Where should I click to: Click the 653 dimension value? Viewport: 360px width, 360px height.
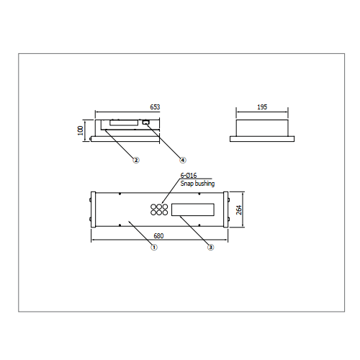click(x=155, y=107)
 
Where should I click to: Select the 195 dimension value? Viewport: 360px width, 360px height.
click(x=262, y=107)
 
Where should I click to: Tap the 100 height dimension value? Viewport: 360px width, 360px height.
click(x=81, y=130)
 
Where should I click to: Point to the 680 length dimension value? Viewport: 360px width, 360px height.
click(x=158, y=236)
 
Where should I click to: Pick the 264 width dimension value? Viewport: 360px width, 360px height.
click(x=239, y=210)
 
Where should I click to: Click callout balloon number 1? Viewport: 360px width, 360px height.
click(x=154, y=247)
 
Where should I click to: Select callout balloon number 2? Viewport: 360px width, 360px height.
click(x=136, y=160)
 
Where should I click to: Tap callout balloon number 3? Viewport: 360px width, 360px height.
click(x=210, y=247)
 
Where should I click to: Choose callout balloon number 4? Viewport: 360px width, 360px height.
click(x=183, y=160)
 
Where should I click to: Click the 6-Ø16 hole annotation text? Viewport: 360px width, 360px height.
click(x=189, y=176)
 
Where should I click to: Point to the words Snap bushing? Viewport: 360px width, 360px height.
click(x=197, y=184)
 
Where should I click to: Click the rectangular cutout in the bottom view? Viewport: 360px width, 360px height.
click(x=193, y=210)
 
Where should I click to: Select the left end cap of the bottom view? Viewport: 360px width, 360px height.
click(x=94, y=210)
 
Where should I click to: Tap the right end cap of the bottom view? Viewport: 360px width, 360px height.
click(x=225, y=210)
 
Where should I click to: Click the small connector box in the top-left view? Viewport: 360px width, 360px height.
click(x=145, y=122)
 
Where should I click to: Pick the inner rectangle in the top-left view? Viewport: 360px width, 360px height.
click(x=124, y=122)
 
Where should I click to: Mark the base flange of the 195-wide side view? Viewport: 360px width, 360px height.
click(x=262, y=139)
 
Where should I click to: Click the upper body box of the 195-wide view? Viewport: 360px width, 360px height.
click(x=262, y=128)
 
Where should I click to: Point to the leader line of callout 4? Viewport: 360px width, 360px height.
click(x=164, y=141)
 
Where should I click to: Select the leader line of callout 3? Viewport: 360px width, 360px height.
click(x=194, y=230)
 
